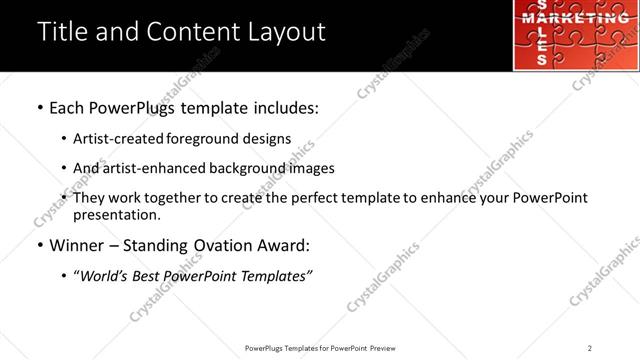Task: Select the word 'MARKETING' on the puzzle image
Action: (575, 19)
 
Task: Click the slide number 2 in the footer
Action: (590, 348)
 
